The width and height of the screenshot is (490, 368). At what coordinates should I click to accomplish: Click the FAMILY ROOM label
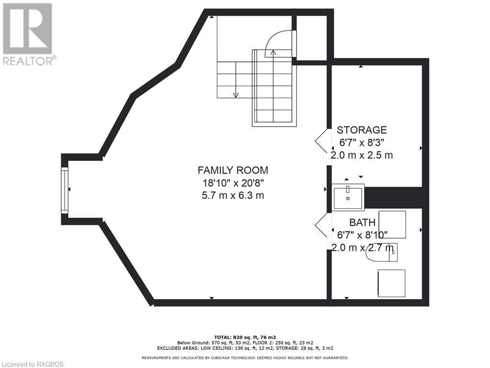click(x=233, y=170)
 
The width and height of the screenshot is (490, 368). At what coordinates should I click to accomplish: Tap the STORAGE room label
click(x=362, y=130)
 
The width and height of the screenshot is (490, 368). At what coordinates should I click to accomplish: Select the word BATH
click(x=362, y=223)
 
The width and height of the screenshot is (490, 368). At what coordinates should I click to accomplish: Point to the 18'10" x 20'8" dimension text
click(x=233, y=183)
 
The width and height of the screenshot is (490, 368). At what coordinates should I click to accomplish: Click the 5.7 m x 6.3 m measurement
click(x=233, y=195)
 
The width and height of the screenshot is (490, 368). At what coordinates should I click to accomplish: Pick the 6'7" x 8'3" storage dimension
click(x=362, y=142)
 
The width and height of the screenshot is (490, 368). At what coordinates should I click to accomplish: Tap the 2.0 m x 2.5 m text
click(x=362, y=155)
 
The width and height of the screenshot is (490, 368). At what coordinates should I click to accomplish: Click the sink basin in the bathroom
click(x=348, y=197)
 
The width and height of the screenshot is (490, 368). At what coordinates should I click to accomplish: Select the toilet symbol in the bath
click(x=381, y=253)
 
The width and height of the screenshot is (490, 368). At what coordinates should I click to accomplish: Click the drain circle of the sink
click(x=348, y=198)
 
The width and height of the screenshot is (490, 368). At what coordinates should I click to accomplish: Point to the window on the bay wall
click(x=65, y=190)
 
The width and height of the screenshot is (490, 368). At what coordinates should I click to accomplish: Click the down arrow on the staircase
click(x=235, y=94)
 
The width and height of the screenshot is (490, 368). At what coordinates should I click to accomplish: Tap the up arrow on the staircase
click(x=273, y=53)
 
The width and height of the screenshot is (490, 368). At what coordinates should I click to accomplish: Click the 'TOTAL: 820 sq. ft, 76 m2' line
click(x=245, y=337)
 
